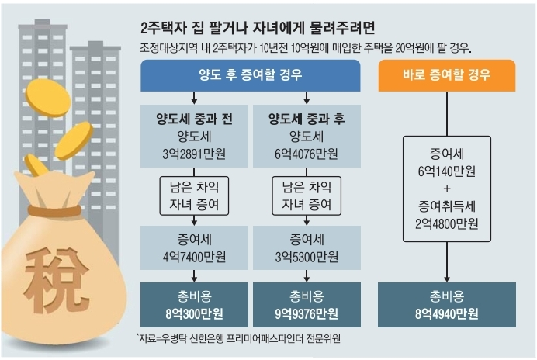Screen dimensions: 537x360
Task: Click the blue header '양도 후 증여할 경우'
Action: (250, 76)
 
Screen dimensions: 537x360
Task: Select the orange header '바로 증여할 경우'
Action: (447, 76)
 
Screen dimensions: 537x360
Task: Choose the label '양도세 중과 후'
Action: (307, 119)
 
